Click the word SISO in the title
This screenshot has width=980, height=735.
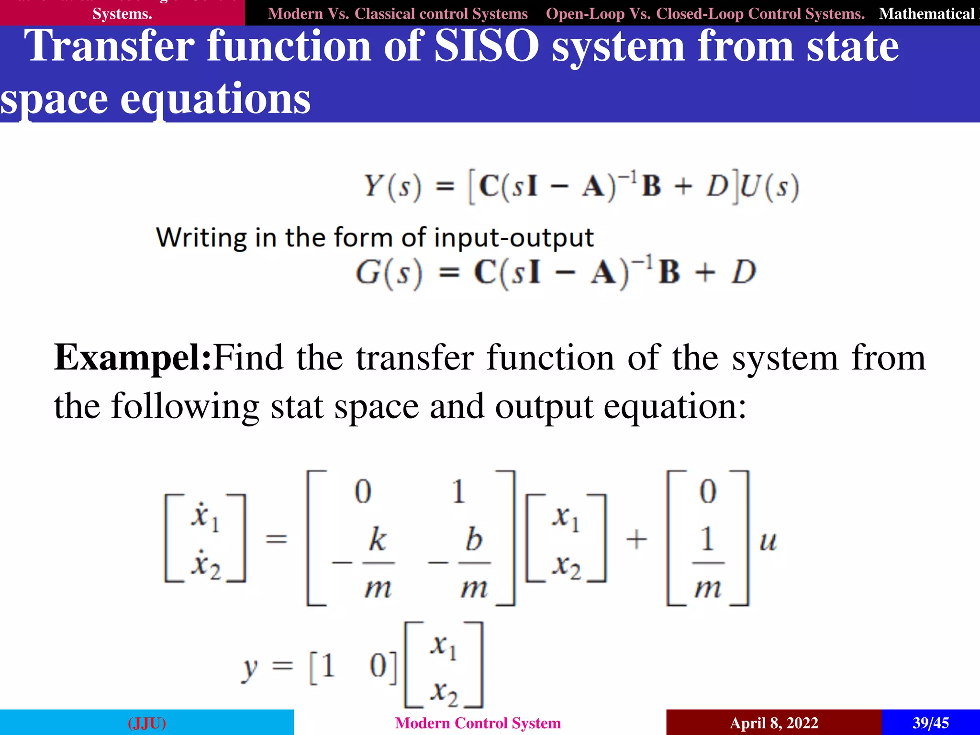pos(486,46)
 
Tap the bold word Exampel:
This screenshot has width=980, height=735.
pos(133,358)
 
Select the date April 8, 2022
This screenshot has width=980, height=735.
pos(774,723)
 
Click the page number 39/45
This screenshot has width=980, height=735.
pos(930,723)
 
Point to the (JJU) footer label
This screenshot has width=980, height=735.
pos(147,723)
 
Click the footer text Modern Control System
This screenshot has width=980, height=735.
pos(478,723)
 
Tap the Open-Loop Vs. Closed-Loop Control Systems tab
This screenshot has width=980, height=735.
pos(705,13)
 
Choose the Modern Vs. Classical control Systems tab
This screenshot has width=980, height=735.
pos(398,13)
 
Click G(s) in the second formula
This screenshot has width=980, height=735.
pos(389,273)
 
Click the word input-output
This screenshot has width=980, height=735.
pos(513,237)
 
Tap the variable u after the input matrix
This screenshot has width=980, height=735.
pos(768,541)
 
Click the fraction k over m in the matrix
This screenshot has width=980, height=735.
pos(378,563)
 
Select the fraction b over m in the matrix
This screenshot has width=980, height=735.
pos(474,563)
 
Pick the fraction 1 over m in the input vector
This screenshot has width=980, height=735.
pos(708,563)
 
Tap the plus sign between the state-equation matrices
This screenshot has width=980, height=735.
pos(636,540)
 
